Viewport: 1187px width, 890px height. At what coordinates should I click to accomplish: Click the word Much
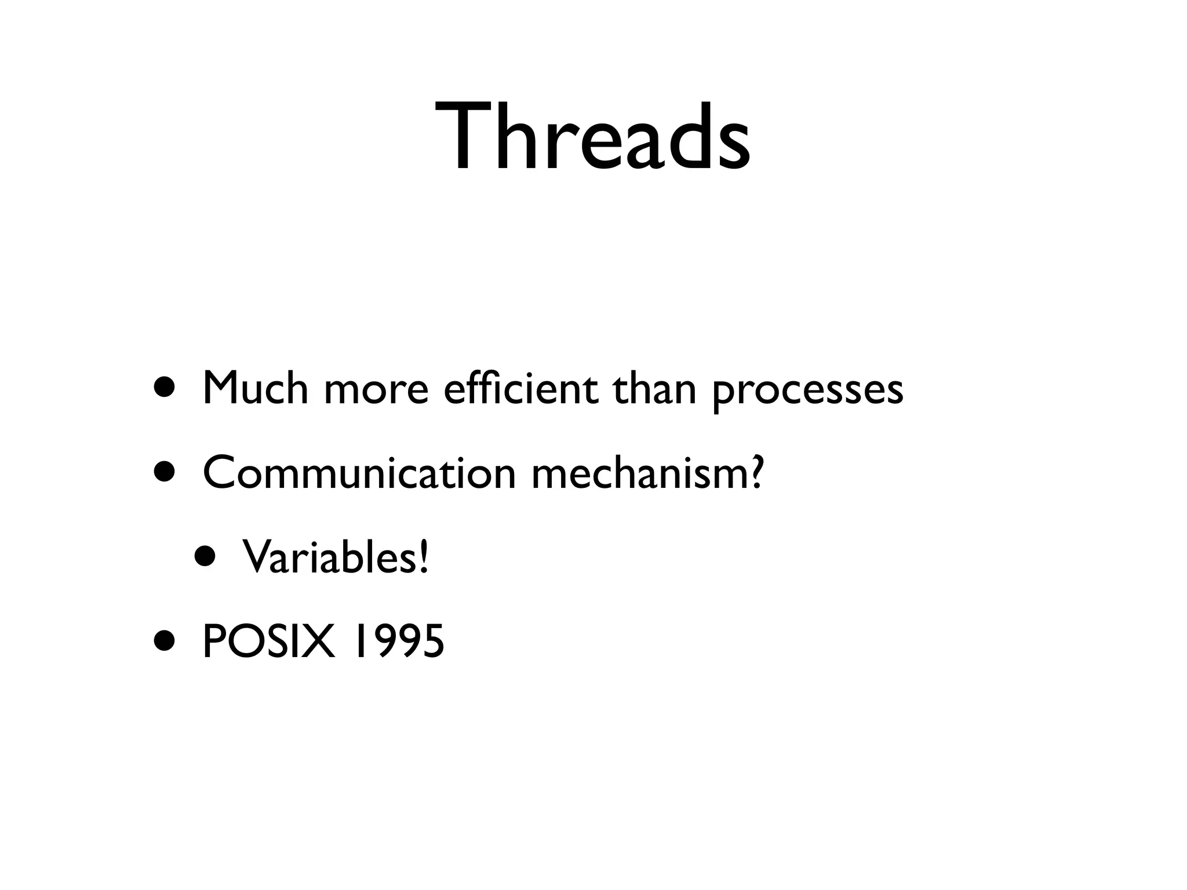click(255, 389)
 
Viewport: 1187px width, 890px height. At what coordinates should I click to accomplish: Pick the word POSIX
click(268, 642)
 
